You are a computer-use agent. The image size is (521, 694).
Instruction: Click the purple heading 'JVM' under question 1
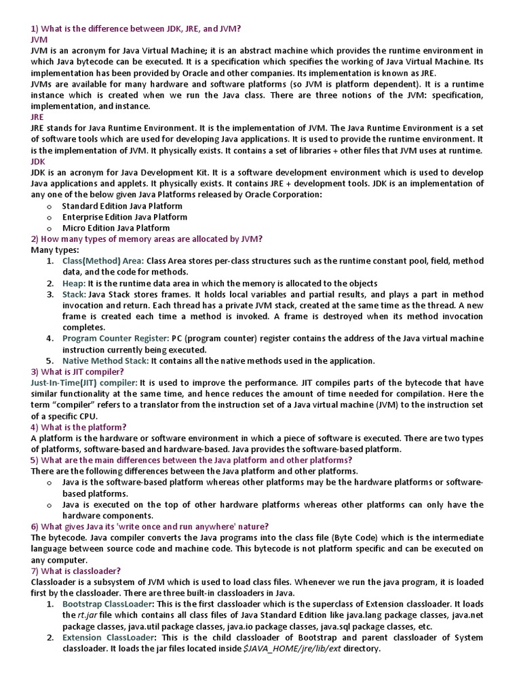point(39,40)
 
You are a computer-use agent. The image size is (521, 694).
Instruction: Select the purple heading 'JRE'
point(37,117)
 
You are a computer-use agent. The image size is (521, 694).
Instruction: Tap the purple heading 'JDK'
point(38,161)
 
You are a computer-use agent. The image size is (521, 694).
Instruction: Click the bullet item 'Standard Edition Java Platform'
point(122,205)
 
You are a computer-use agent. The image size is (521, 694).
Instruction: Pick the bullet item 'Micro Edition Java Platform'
point(116,228)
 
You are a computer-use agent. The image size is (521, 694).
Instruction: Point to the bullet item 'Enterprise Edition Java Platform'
point(125,217)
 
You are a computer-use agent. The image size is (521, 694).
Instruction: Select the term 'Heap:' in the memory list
point(74,283)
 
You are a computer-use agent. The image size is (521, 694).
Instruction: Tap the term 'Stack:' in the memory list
point(74,294)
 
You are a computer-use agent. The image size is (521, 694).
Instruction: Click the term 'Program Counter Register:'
point(115,338)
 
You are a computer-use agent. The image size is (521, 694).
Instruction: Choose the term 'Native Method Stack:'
point(105,361)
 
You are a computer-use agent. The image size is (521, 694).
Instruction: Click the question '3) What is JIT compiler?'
point(77,371)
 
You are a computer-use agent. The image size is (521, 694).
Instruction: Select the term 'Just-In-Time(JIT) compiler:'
point(84,383)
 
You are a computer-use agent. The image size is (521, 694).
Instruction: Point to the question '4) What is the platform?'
point(79,427)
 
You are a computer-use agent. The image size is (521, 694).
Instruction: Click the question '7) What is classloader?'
point(76,571)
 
